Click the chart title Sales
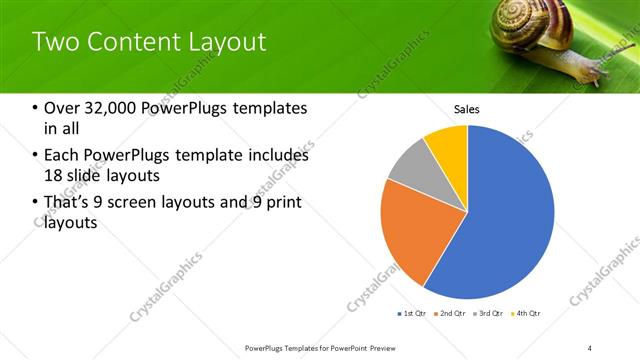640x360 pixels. coord(467,108)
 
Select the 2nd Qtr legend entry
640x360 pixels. coord(451,314)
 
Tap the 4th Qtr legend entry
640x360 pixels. coord(527,314)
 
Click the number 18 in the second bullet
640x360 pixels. coord(53,176)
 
